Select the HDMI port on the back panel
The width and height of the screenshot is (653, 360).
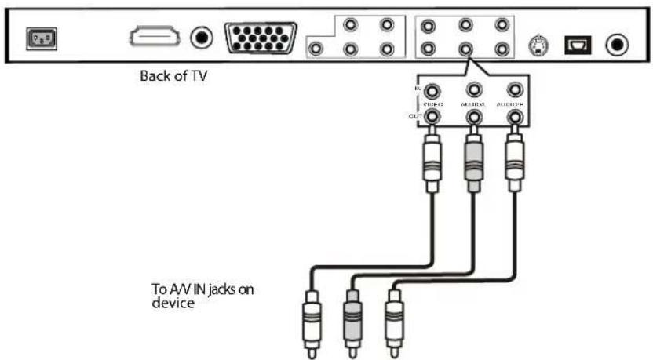tap(154, 36)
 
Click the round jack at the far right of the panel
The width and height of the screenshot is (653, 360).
tap(617, 45)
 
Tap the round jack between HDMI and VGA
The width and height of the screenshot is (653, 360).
tap(203, 36)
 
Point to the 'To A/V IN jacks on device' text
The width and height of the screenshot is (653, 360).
tap(203, 296)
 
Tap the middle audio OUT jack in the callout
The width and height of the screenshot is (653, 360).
tap(473, 118)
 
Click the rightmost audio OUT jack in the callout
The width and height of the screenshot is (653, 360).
tap(514, 118)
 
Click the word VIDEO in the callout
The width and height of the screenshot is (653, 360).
tap(432, 104)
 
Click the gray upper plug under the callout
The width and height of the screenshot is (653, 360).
tap(473, 161)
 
